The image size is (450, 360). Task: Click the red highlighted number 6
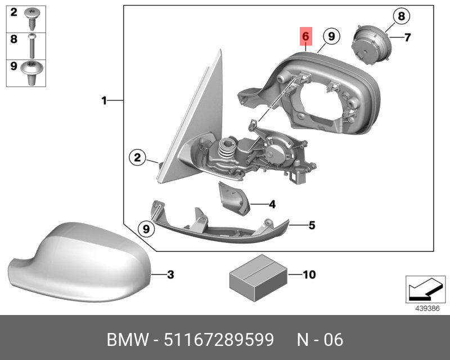click(x=305, y=37)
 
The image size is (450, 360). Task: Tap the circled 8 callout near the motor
click(x=401, y=16)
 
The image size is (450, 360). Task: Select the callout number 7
click(x=407, y=37)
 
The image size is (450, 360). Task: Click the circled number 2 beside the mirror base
click(x=137, y=157)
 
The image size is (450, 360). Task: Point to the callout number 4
click(x=272, y=204)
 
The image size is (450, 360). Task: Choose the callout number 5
click(x=312, y=226)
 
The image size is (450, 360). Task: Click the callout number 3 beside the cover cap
click(x=170, y=274)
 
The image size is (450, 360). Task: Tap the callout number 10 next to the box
click(x=309, y=274)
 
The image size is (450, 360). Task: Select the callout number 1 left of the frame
click(x=104, y=101)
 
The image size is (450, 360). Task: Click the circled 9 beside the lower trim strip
click(x=146, y=229)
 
